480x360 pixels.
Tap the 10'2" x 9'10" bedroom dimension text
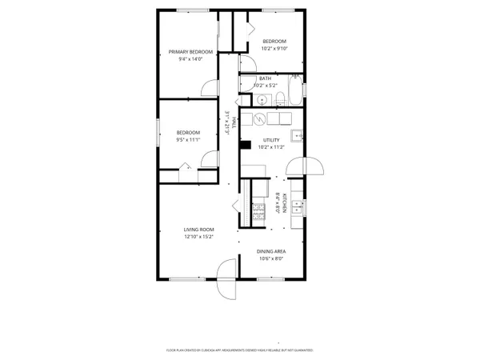click(x=274, y=48)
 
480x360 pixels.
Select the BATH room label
click(x=265, y=78)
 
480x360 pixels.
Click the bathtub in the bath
click(x=295, y=91)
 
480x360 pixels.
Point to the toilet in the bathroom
click(x=282, y=98)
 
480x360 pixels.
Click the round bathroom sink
click(x=262, y=100)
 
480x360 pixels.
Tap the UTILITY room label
click(x=271, y=140)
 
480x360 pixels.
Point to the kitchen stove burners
click(x=258, y=211)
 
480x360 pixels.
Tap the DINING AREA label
click(x=272, y=251)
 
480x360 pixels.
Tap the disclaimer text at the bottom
click(x=239, y=350)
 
